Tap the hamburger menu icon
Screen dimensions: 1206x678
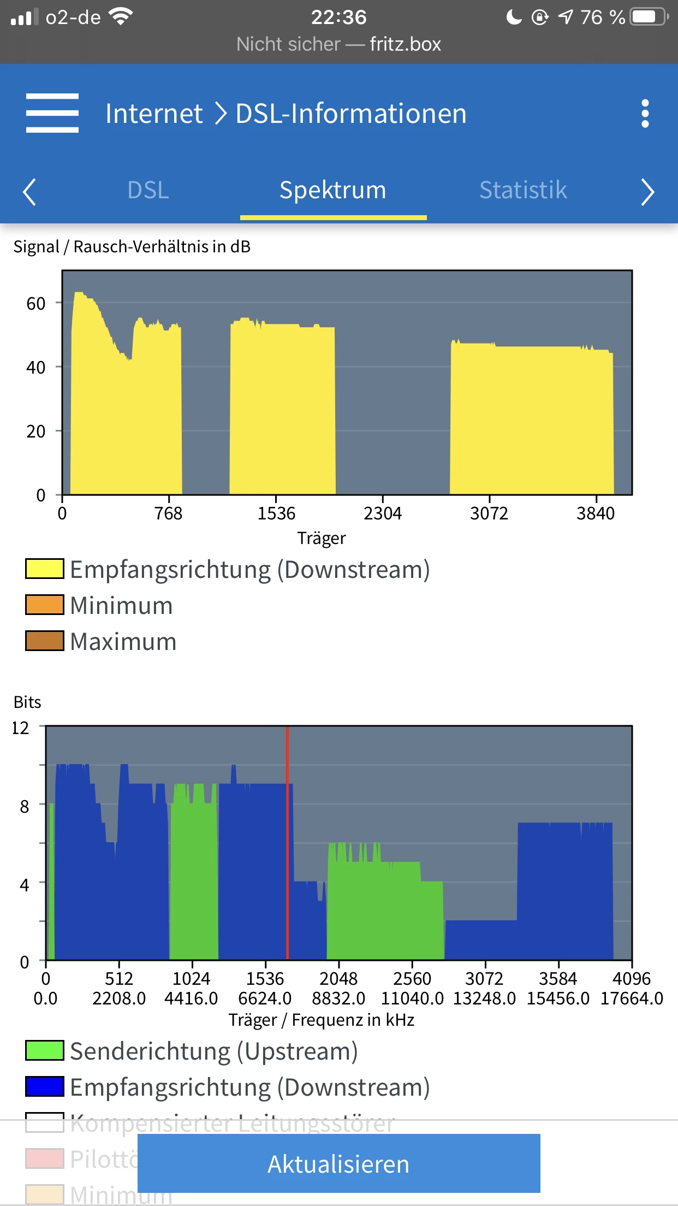pos(52,113)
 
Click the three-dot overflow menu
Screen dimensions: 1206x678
pos(645,114)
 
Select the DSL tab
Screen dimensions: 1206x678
pos(148,190)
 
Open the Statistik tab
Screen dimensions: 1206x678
pos(523,190)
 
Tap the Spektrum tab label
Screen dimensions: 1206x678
pos(333,190)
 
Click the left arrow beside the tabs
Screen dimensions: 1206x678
pos(29,192)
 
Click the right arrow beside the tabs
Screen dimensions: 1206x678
pos(647,192)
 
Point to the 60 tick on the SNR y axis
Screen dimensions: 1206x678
pos(36,304)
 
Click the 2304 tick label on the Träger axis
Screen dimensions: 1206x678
pos(383,513)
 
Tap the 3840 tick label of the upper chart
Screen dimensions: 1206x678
pos(596,513)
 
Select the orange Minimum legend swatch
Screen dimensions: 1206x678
pos(45,605)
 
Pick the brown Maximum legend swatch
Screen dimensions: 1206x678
pos(45,641)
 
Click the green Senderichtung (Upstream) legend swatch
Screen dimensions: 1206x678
pos(45,1051)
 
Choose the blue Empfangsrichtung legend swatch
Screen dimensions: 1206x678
pos(45,1086)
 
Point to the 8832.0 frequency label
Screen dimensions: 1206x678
pos(338,998)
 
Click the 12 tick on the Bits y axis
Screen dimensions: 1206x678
pos(21,728)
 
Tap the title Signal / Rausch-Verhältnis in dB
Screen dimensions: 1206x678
pos(132,247)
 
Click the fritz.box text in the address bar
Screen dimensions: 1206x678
pos(405,44)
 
